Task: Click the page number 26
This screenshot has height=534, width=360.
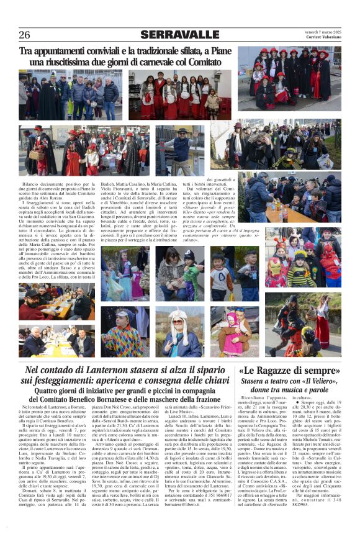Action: tap(24, 35)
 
